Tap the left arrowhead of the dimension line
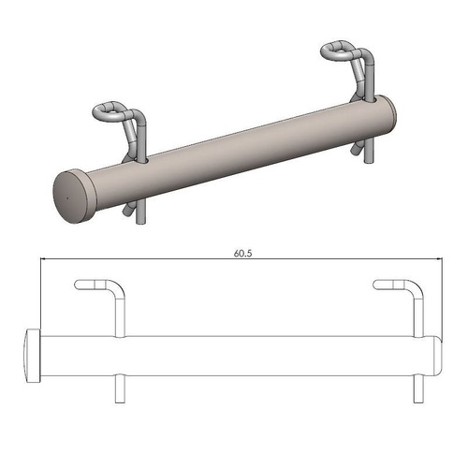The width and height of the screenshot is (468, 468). tap(44, 260)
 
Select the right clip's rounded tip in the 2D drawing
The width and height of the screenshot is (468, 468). tap(378, 284)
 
